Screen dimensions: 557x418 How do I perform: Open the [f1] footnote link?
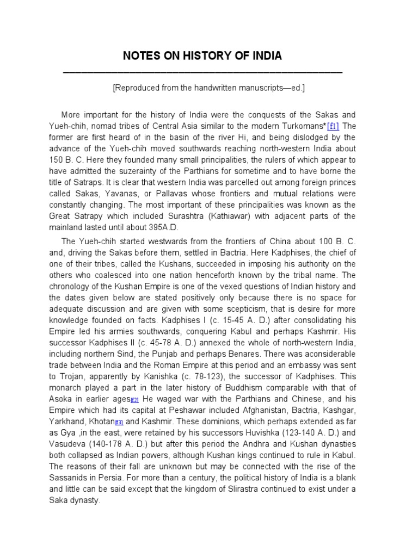point(333,126)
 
